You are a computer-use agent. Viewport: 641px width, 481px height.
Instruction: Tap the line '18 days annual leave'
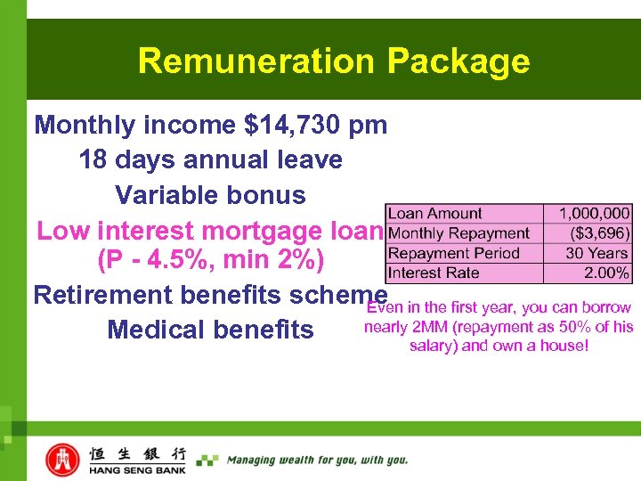210,159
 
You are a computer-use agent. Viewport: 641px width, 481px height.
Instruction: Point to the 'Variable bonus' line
210,195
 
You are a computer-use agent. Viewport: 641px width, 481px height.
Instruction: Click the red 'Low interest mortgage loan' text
209,232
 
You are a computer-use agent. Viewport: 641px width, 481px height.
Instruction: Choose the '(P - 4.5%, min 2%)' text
210,263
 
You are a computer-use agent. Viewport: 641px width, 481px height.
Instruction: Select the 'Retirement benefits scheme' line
210,295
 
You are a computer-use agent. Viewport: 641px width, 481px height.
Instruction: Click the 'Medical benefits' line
210,330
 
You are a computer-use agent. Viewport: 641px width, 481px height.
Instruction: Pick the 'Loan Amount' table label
435,214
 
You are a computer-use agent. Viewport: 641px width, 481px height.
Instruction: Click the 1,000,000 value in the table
594,214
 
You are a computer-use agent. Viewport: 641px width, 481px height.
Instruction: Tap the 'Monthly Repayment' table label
458,233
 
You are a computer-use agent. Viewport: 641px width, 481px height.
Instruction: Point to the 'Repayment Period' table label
454,253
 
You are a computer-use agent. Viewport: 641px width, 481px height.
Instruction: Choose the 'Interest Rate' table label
434,273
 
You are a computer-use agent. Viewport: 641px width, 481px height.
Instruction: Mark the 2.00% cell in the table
607,273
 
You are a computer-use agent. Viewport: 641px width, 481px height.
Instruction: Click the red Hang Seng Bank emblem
62,460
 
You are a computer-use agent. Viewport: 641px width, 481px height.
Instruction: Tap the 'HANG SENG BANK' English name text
137,469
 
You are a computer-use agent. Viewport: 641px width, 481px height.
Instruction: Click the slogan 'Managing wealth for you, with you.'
317,461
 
